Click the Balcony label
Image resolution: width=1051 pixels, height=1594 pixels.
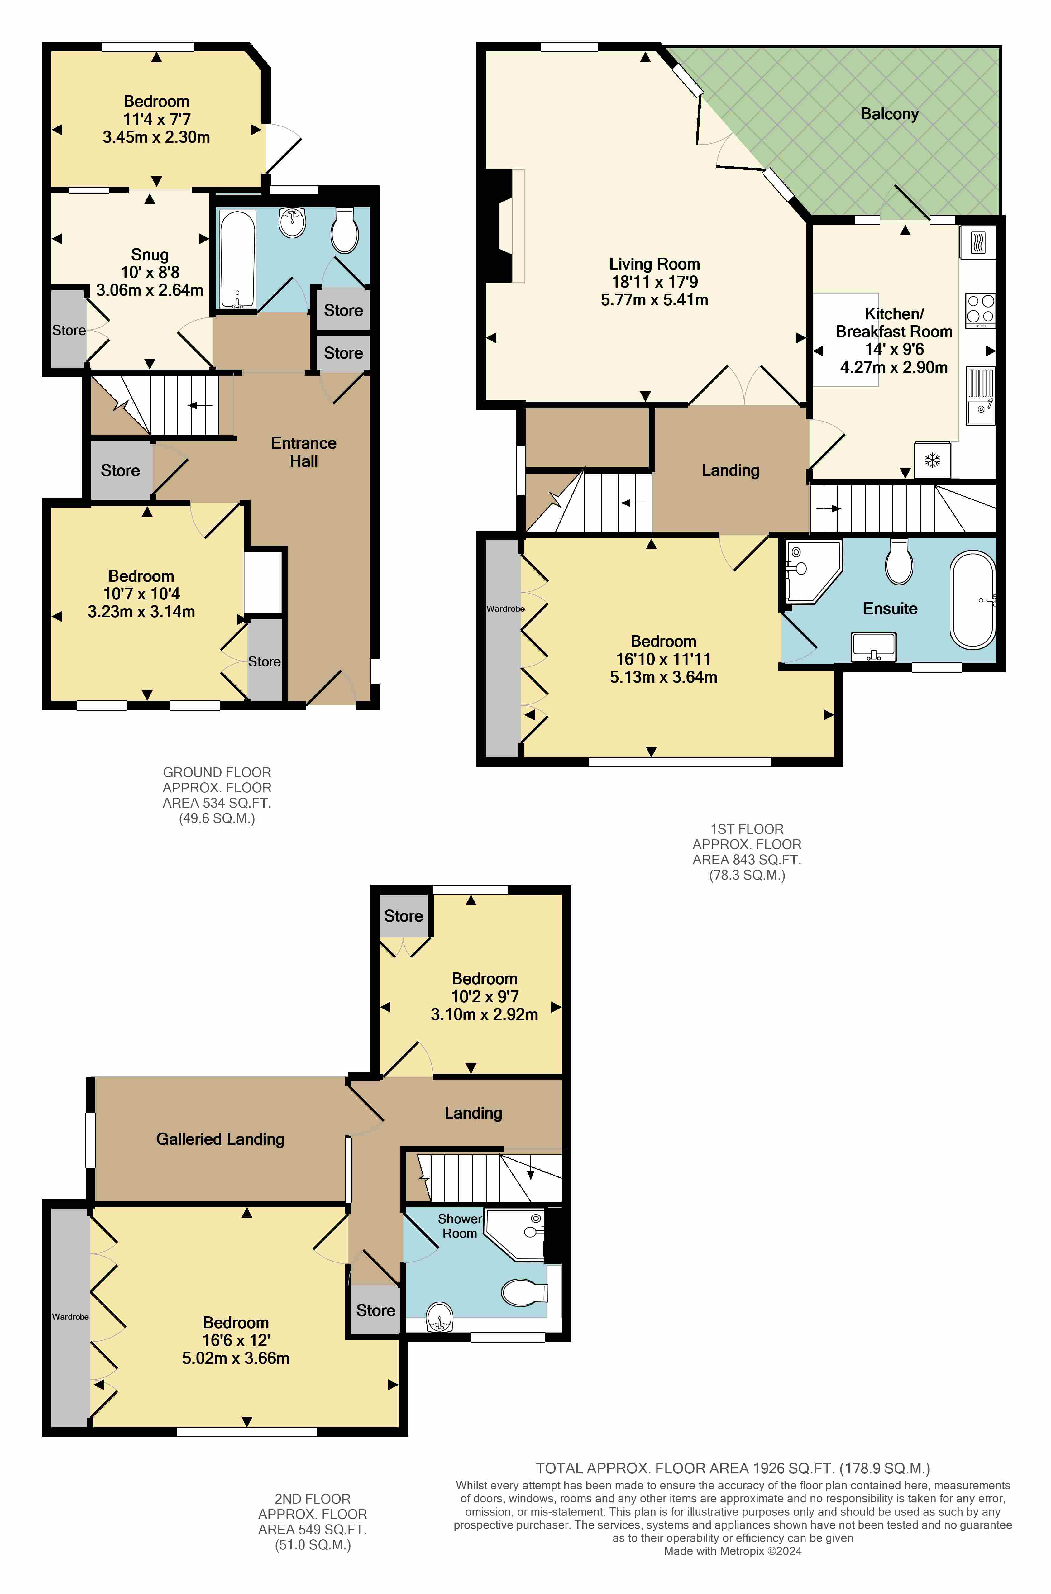[x=890, y=114]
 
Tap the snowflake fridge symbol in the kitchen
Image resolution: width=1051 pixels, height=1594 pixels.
[x=932, y=460]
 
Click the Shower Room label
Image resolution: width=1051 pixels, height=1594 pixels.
[x=460, y=1225]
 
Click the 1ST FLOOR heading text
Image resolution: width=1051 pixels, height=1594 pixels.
[x=747, y=829]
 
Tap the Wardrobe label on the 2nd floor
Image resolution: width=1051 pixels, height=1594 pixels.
[x=70, y=1317]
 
